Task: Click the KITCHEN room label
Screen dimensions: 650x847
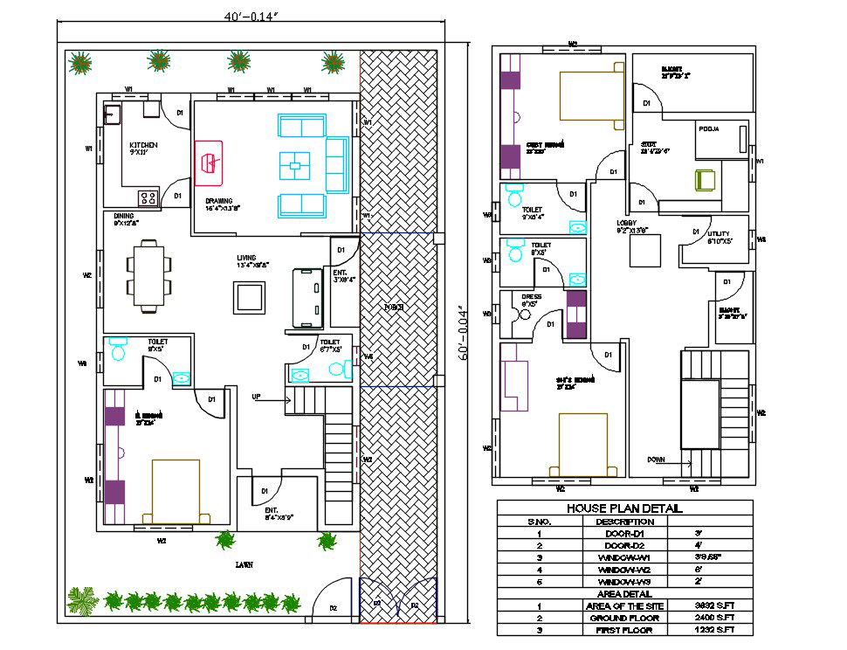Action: click(143, 145)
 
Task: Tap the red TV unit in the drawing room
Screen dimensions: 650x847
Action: click(209, 162)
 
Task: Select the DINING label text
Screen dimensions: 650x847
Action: click(124, 215)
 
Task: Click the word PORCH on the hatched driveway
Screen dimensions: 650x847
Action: click(396, 308)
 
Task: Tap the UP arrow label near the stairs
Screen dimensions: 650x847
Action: click(257, 398)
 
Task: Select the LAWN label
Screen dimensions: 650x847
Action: click(244, 565)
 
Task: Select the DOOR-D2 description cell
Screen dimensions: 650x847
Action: click(624, 545)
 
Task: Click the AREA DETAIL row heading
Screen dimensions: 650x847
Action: click(624, 593)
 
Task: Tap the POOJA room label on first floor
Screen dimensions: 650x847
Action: click(708, 129)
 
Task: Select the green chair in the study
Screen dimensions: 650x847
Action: click(705, 180)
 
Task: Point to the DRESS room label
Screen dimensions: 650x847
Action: click(531, 297)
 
